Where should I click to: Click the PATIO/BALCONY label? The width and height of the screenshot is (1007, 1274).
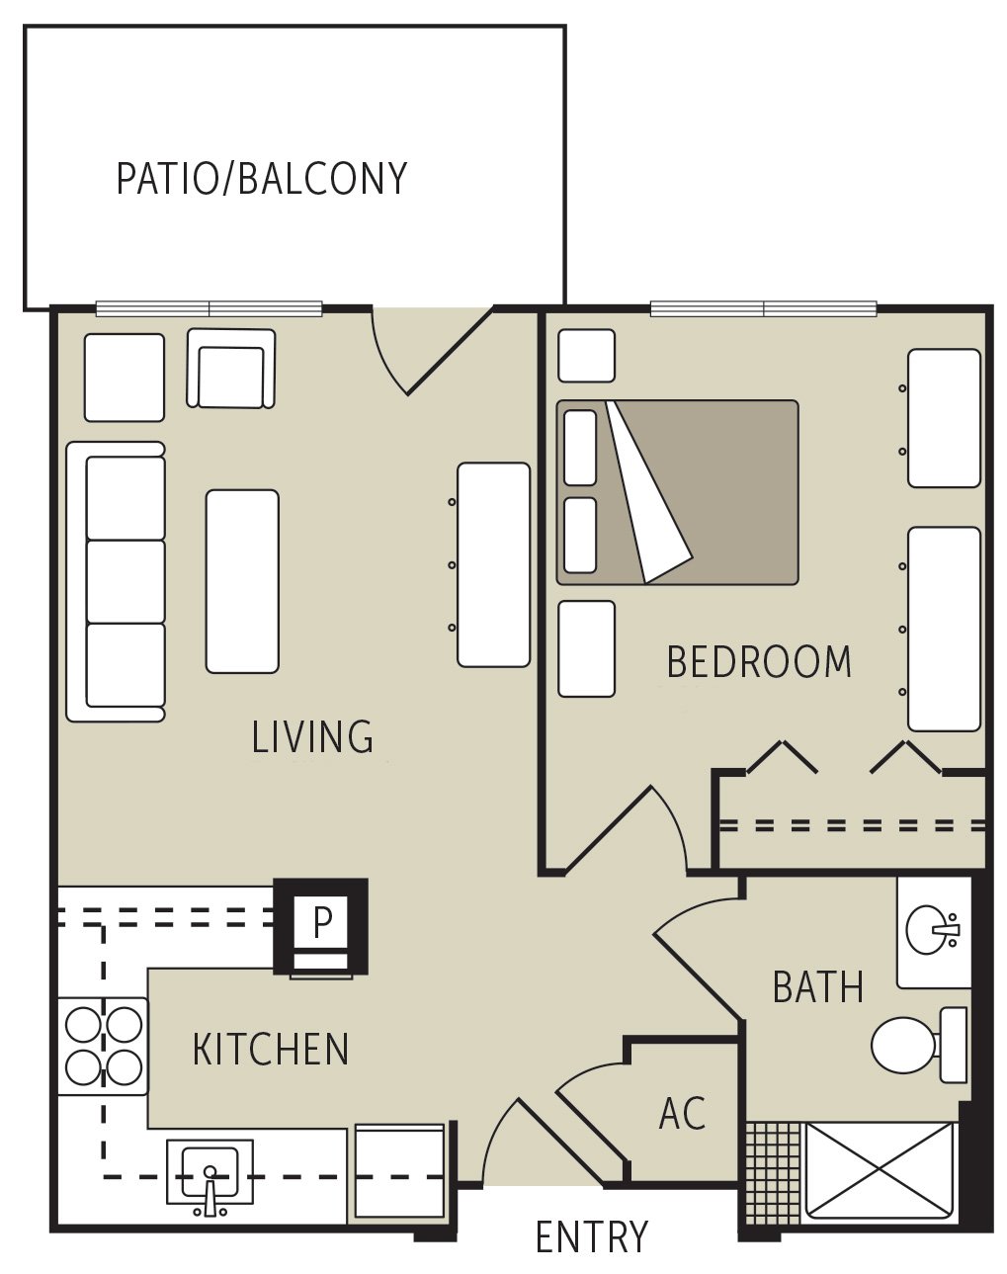(x=262, y=179)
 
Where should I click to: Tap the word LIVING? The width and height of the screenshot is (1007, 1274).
(x=312, y=737)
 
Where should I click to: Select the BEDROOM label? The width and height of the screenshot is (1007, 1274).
(x=759, y=662)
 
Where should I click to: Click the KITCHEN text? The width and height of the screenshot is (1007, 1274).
(x=271, y=1050)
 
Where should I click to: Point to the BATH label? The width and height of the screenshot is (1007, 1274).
(x=817, y=987)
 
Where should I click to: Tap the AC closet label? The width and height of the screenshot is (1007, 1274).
(x=682, y=1114)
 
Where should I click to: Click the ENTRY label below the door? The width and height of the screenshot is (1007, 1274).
(x=591, y=1237)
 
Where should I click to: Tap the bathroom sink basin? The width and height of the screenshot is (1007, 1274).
(x=930, y=930)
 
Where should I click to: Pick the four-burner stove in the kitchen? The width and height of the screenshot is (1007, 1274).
(x=103, y=1046)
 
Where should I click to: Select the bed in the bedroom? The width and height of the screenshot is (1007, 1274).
(x=677, y=491)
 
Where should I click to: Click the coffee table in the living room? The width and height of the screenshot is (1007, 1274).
(x=242, y=581)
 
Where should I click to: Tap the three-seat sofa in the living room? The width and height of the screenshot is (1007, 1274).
(x=116, y=581)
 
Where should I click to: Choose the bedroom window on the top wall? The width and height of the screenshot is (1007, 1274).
(x=763, y=309)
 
